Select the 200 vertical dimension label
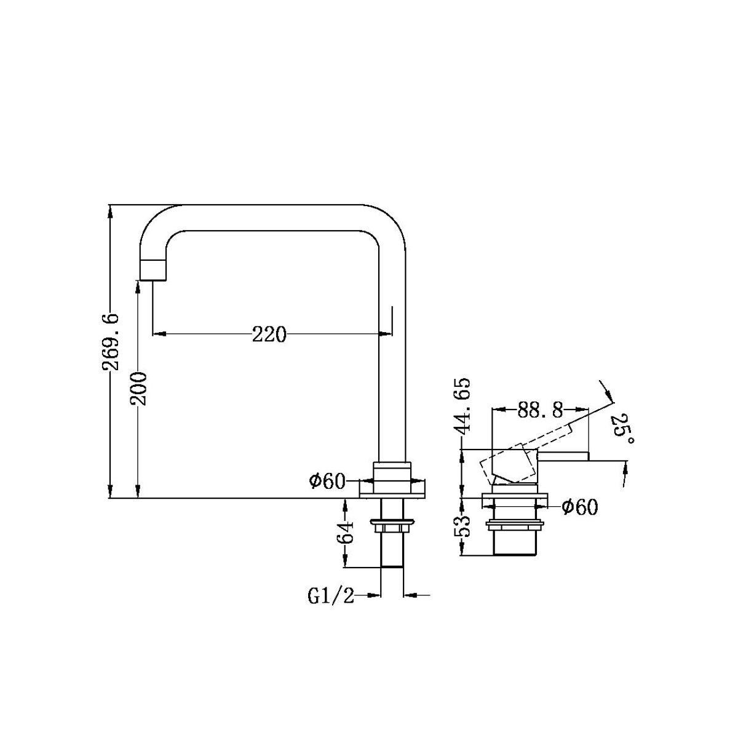coord(138,388)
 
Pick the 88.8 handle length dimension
coord(540,410)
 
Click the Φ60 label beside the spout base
coord(327,481)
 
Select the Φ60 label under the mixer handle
coord(579,507)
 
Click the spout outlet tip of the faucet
coord(153,271)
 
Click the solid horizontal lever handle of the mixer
coord(562,456)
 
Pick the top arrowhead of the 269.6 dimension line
coord(110,212)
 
